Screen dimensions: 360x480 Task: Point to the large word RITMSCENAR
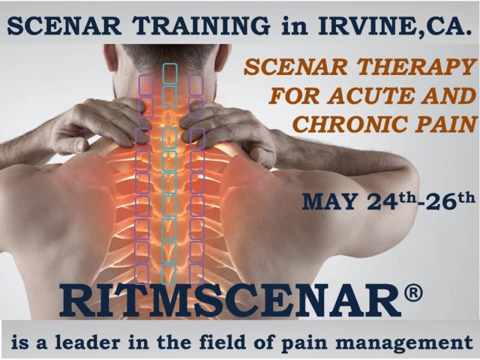click(230, 302)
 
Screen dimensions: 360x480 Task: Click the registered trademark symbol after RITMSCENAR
click(412, 294)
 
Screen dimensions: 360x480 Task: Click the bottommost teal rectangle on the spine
click(169, 274)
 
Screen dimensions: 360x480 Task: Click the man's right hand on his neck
click(228, 129)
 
